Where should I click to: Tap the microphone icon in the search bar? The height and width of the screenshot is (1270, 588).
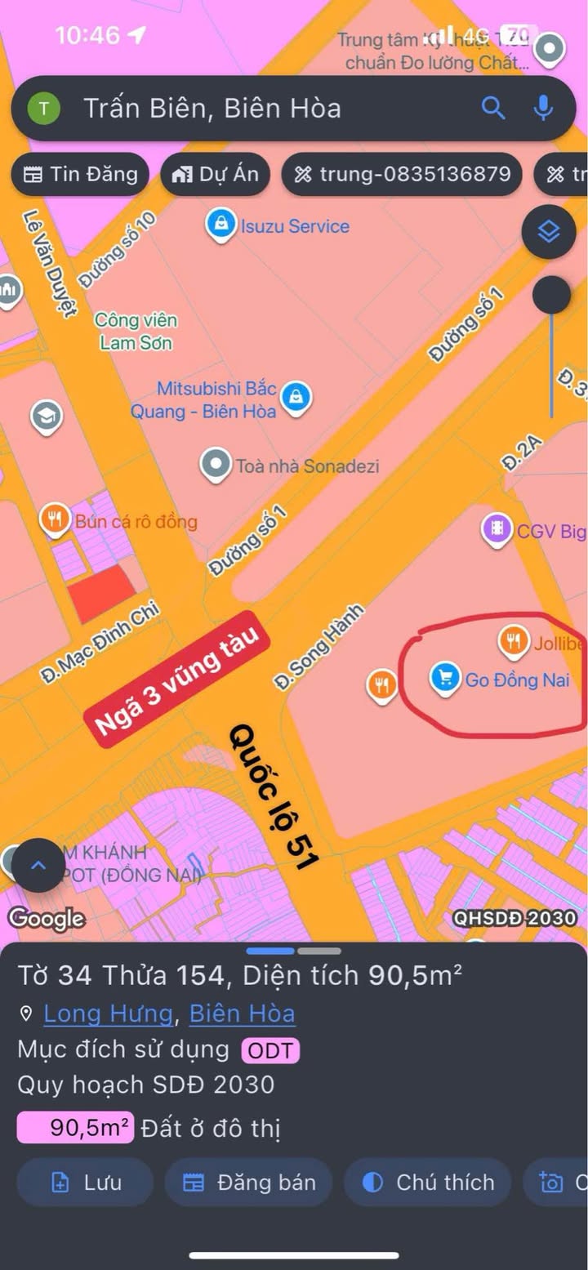pyautogui.click(x=543, y=108)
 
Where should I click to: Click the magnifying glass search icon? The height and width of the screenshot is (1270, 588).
pyautogui.click(x=493, y=108)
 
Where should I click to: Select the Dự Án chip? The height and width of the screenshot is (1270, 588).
pyautogui.click(x=215, y=173)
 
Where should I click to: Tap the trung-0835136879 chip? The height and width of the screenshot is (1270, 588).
pyautogui.click(x=402, y=173)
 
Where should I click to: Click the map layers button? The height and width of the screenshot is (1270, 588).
pyautogui.click(x=549, y=232)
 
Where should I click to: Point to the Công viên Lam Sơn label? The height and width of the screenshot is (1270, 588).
pyautogui.click(x=136, y=332)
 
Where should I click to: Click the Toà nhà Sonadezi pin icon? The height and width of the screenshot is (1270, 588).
pyautogui.click(x=216, y=466)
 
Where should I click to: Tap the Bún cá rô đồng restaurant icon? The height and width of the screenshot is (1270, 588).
pyautogui.click(x=56, y=520)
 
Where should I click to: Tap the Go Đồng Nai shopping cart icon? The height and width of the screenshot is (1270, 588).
pyautogui.click(x=445, y=679)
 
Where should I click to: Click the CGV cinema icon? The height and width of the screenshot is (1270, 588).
pyautogui.click(x=497, y=531)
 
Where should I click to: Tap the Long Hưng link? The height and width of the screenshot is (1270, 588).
pyautogui.click(x=108, y=1014)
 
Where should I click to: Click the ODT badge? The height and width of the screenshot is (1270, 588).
pyautogui.click(x=269, y=1050)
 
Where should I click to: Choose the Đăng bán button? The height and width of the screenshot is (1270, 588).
pyautogui.click(x=249, y=1182)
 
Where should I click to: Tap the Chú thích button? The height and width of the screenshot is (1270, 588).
pyautogui.click(x=429, y=1182)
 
